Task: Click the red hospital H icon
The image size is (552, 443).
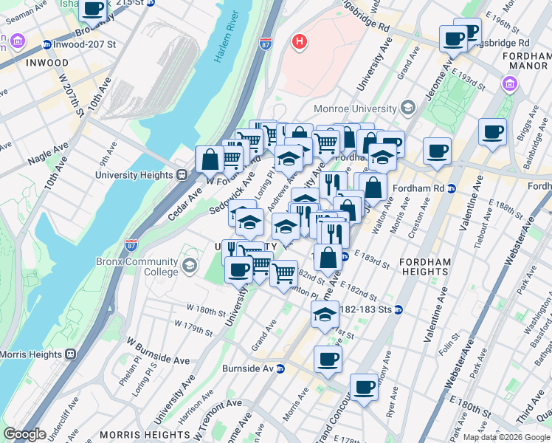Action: [299, 41]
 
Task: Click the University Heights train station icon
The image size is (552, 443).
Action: [181, 175]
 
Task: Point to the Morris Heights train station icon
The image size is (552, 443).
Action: [72, 354]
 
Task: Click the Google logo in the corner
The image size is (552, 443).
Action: [24, 434]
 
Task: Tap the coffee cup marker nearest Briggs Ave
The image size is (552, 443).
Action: [492, 133]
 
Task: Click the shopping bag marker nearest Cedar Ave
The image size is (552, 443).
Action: [210, 158]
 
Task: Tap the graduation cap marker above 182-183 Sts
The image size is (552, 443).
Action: [324, 315]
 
